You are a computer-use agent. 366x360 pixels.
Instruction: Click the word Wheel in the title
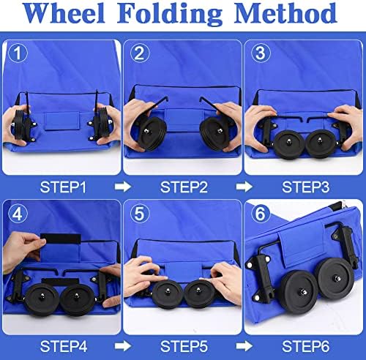64,12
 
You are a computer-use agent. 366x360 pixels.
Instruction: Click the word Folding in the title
170,14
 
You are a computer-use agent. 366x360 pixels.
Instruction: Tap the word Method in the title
285,12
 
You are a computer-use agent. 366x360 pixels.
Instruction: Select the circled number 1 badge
18,53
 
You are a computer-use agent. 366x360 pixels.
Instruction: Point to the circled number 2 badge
140,53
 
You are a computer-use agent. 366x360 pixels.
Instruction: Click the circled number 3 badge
261,53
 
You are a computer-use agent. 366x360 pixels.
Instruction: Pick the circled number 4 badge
18,214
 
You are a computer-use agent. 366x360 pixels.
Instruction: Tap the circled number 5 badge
140,214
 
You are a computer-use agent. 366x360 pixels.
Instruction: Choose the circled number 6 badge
260,214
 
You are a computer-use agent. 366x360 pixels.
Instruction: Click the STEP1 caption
63,187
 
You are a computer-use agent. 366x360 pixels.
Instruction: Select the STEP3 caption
305,187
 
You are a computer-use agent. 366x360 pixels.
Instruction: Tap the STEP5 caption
184,346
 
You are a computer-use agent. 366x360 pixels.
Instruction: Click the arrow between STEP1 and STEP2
123,187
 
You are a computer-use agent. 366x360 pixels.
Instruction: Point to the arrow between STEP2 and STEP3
244,187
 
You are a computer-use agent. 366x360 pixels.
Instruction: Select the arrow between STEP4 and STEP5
123,346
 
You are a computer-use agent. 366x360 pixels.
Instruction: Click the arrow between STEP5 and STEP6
244,346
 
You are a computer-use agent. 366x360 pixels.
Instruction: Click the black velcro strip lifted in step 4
61,239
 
